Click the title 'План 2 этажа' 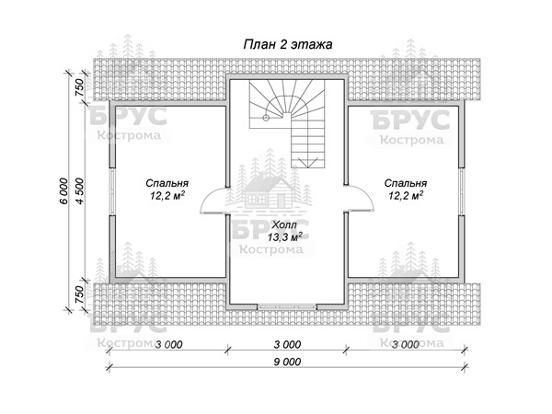pos(288,45)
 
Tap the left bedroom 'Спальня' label pos(167,183)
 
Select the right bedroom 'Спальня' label pos(406,183)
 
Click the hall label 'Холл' pos(284,224)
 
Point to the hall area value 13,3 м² pos(284,237)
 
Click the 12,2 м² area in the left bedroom pos(167,196)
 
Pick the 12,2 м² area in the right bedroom pos(406,195)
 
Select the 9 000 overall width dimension pos(287,362)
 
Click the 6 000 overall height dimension pos(63,191)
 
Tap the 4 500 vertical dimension pos(80,191)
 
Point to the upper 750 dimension pos(79,87)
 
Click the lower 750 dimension pos(79,294)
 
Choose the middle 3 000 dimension pos(287,344)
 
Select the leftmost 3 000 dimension pos(169,344)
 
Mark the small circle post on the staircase pos(266,118)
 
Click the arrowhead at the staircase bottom pos(307,162)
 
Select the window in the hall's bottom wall pos(287,307)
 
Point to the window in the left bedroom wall pos(111,191)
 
